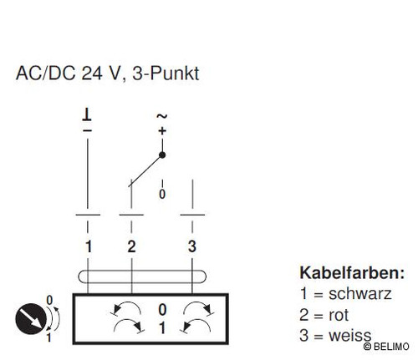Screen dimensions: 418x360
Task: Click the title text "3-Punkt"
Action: pos(166,74)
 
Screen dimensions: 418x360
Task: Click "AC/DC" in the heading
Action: pos(45,74)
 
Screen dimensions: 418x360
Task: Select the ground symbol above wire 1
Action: pos(87,115)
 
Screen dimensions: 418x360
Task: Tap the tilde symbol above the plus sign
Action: pos(162,116)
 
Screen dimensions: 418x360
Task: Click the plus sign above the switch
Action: pos(162,131)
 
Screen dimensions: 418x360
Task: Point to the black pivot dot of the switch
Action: pos(162,155)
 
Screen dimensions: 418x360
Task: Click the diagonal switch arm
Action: pos(145,171)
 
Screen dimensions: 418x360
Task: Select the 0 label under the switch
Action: pos(162,194)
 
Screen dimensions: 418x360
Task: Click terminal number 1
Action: pos(89,246)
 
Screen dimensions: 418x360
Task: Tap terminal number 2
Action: pos(131,246)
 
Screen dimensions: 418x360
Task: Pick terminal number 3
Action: pos(192,246)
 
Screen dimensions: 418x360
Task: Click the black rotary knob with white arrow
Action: pos(31,319)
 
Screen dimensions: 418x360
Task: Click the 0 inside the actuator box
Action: pos(162,310)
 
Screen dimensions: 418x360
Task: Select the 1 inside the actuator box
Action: pos(162,328)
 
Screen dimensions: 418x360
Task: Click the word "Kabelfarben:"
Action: pos(352,273)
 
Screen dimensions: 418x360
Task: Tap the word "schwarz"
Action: pos(360,294)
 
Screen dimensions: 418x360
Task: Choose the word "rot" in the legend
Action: pos(339,315)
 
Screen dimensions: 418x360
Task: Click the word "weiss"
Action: pos(350,335)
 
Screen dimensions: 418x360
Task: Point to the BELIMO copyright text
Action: pos(386,347)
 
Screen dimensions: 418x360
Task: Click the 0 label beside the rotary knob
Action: pos(49,300)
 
